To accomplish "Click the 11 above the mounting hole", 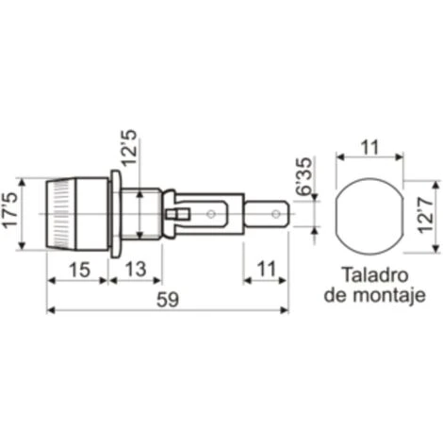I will (369, 146).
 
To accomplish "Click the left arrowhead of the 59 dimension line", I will (50, 311).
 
